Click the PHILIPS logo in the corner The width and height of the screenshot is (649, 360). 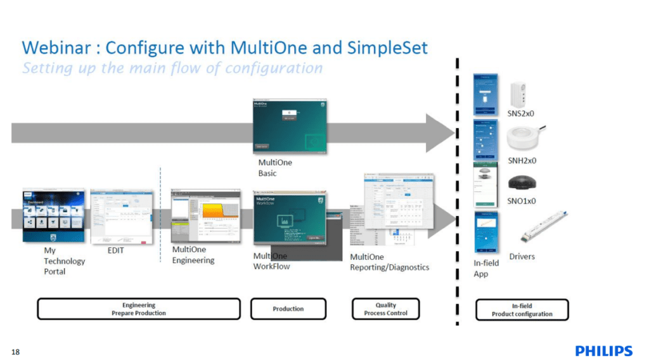click(603, 351)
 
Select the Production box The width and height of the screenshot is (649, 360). click(288, 309)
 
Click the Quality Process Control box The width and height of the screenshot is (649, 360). click(385, 309)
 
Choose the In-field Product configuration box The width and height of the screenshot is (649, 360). click(522, 309)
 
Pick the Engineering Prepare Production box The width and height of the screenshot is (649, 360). click(139, 309)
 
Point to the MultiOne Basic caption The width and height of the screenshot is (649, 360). click(275, 168)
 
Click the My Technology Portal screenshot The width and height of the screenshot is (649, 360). click(53, 215)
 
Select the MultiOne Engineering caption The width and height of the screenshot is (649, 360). click(193, 255)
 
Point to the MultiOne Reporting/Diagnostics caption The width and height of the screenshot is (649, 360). click(389, 262)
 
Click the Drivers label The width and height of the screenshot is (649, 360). click(522, 257)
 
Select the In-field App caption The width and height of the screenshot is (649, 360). click(486, 268)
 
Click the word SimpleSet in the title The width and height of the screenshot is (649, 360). click(388, 48)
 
